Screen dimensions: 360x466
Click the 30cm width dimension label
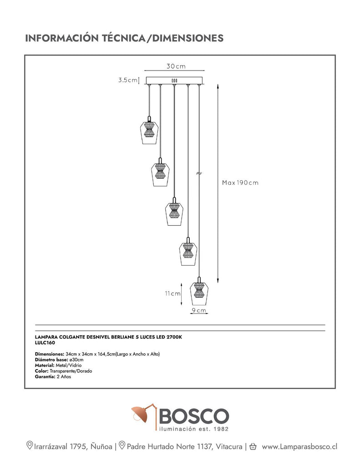point(176,66)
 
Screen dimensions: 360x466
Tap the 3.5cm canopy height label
point(128,80)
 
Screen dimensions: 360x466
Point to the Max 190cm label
point(240,183)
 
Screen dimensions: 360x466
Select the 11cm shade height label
point(172,294)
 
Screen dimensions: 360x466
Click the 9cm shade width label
point(199,310)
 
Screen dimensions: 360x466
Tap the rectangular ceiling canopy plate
point(174,81)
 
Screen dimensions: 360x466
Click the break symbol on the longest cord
point(199,173)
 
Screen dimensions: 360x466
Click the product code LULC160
point(45,343)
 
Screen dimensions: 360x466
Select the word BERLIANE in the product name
point(122,337)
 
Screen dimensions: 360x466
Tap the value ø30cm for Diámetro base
point(76,360)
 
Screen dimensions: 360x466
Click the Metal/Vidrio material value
point(69,365)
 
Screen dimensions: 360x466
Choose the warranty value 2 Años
point(64,376)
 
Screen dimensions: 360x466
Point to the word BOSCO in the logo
point(194,416)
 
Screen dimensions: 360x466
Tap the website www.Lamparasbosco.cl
point(299,447)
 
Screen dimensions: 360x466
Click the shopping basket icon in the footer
point(253,446)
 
